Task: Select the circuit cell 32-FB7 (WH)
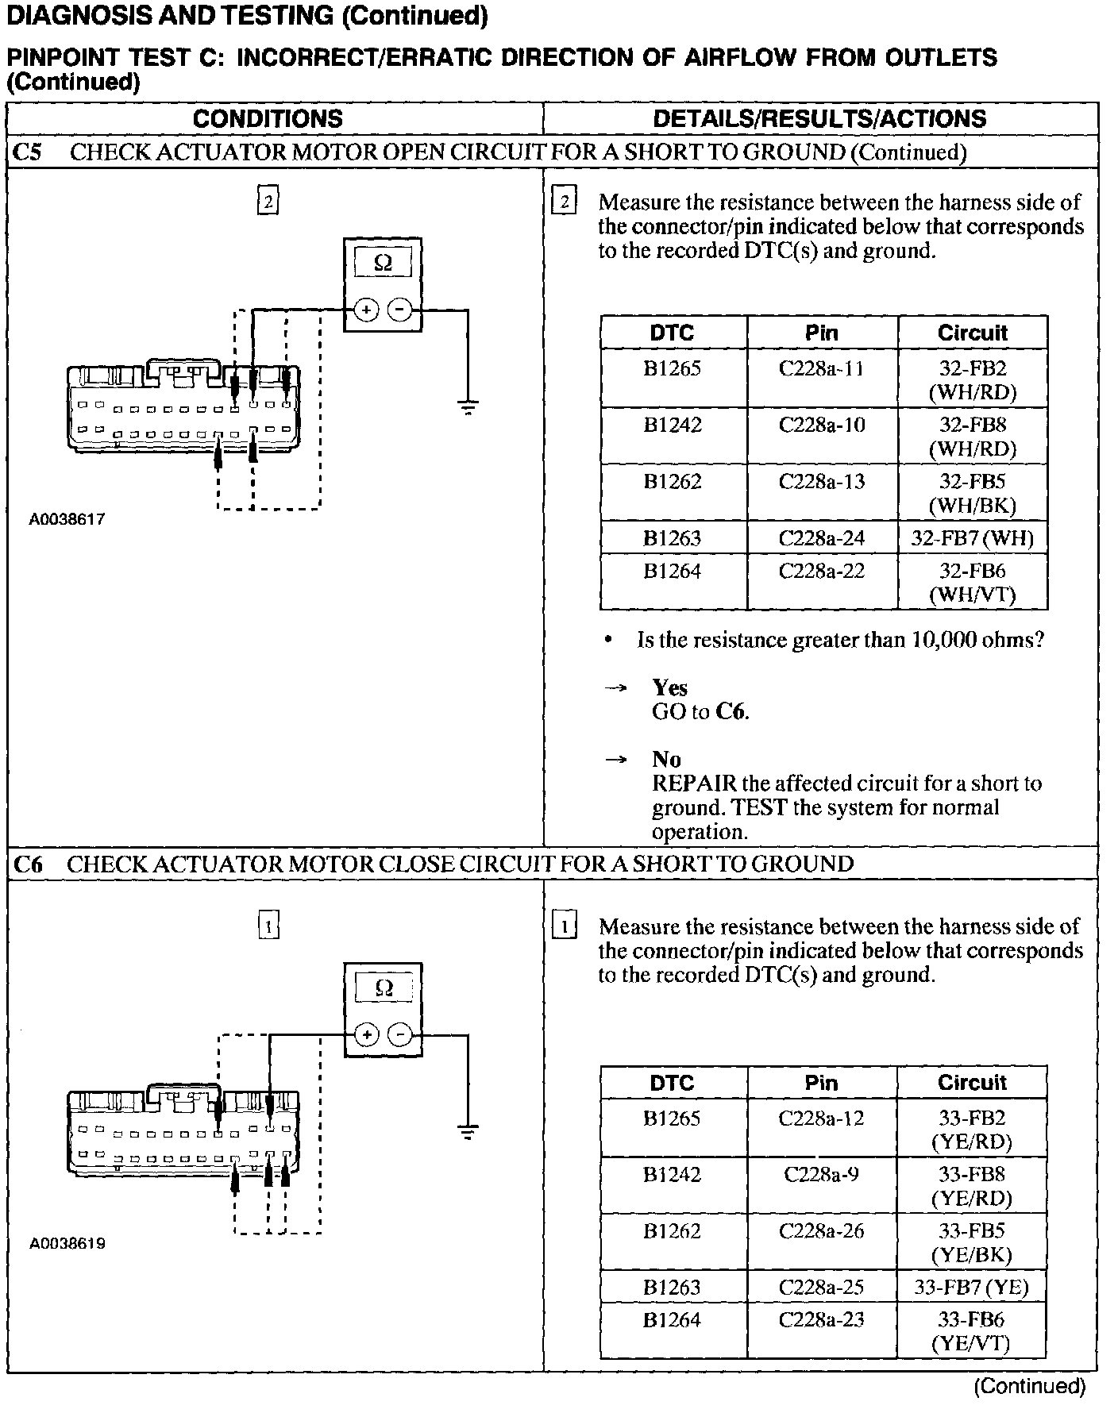[x=973, y=538]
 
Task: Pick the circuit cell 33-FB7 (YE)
[x=971, y=1287]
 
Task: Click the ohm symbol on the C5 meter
[x=383, y=263]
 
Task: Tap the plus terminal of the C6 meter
[x=365, y=1034]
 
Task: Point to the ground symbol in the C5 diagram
[x=468, y=408]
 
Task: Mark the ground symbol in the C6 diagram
[x=468, y=1132]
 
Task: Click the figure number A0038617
[x=67, y=520]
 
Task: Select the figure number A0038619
[x=67, y=1244]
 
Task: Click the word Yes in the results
[x=669, y=687]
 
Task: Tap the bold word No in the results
[x=666, y=760]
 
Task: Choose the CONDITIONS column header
[x=268, y=119]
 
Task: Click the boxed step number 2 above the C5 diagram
[x=268, y=202]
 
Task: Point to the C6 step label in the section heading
[x=28, y=864]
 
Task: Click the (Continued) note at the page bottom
[x=1029, y=1385]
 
